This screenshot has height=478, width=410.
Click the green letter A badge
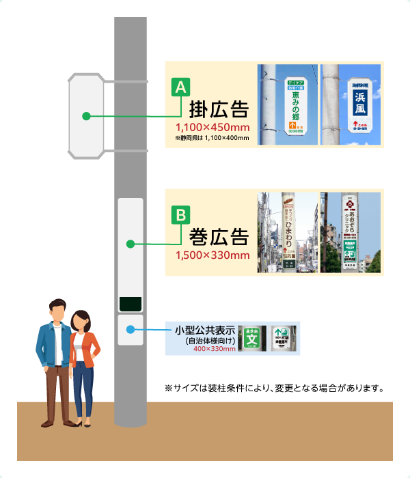pyautogui.click(x=180, y=87)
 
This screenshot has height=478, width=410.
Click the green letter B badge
pyautogui.click(x=180, y=216)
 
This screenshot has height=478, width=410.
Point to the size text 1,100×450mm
pyautogui.click(x=212, y=128)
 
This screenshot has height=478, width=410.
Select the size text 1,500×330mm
pyautogui.click(x=212, y=256)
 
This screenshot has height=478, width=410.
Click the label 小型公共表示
pyautogui.click(x=205, y=331)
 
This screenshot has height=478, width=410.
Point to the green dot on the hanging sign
pyautogui.click(x=86, y=116)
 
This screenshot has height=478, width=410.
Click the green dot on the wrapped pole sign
pyautogui.click(x=130, y=243)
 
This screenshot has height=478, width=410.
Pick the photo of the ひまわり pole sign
pyautogui.click(x=287, y=232)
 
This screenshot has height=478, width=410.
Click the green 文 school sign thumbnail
pyautogui.click(x=254, y=336)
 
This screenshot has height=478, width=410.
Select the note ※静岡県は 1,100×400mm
pyautogui.click(x=212, y=139)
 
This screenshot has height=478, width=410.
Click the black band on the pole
pyautogui.click(x=130, y=303)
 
